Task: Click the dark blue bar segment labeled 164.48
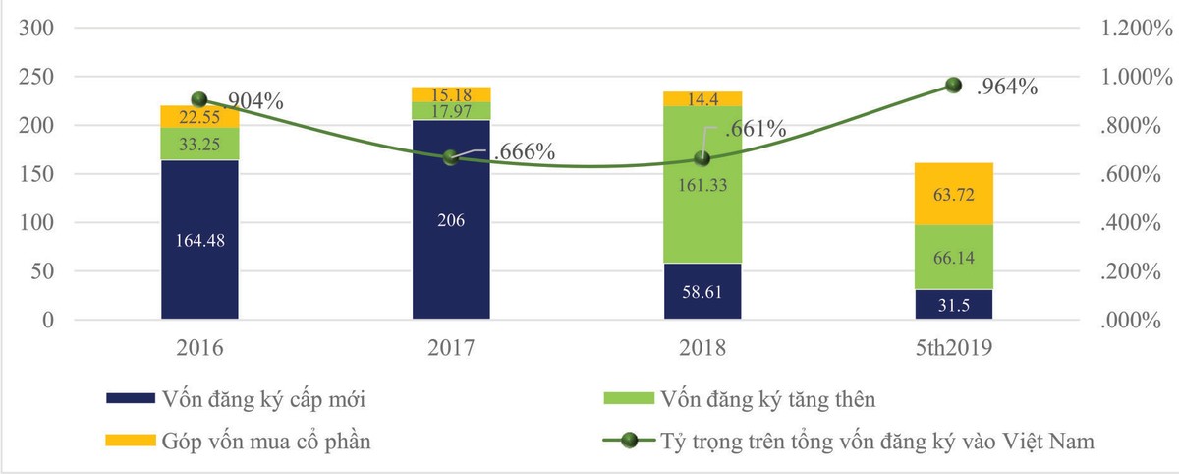click(199, 240)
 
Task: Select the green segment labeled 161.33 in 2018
click(702, 184)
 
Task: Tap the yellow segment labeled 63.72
click(953, 194)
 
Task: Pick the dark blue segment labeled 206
click(451, 220)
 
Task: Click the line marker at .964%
click(952, 86)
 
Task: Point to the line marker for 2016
click(199, 99)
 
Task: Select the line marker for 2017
click(451, 157)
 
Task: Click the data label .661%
click(755, 128)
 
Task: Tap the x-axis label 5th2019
click(953, 349)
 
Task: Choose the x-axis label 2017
click(451, 349)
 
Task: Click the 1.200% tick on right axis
click(1130, 29)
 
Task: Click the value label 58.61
click(702, 292)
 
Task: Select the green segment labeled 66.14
click(953, 257)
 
